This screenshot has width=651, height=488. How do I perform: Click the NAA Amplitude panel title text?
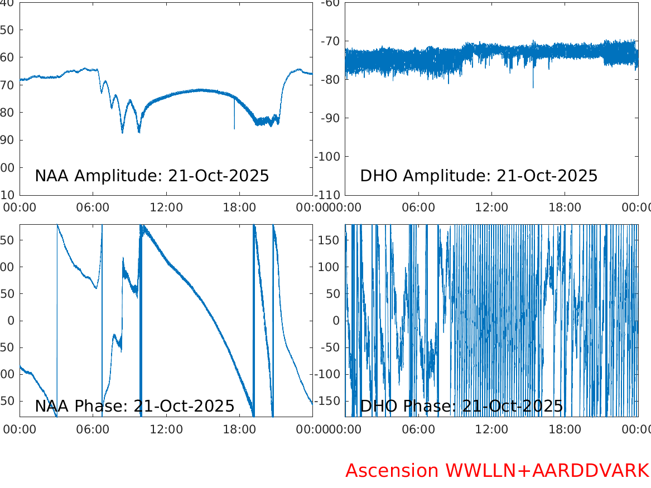pyautogui.click(x=152, y=176)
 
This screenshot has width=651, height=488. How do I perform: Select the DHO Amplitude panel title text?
pyautogui.click(x=479, y=176)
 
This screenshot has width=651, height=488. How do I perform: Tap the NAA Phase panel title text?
pyautogui.click(x=134, y=406)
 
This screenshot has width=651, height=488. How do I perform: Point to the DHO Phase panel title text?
pyautogui.click(x=461, y=406)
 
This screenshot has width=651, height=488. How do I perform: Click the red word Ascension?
pyautogui.click(x=392, y=471)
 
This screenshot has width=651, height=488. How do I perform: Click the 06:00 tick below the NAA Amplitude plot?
pyautogui.click(x=93, y=207)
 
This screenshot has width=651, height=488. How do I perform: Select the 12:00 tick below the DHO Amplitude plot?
pyautogui.click(x=491, y=207)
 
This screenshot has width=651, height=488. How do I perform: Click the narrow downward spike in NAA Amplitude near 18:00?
pyautogui.click(x=234, y=123)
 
